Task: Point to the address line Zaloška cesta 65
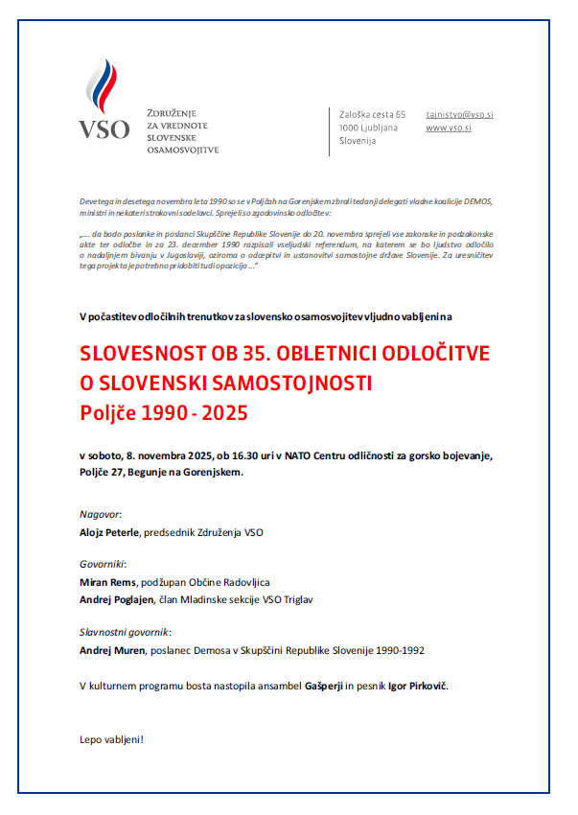pyautogui.click(x=373, y=114)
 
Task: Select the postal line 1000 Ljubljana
pyautogui.click(x=368, y=128)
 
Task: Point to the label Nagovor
pyautogui.click(x=100, y=514)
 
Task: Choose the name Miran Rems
pyautogui.click(x=108, y=582)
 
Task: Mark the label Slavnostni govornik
pyautogui.click(x=124, y=633)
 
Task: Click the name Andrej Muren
pyautogui.click(x=111, y=650)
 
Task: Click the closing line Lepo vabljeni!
pyautogui.click(x=110, y=739)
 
